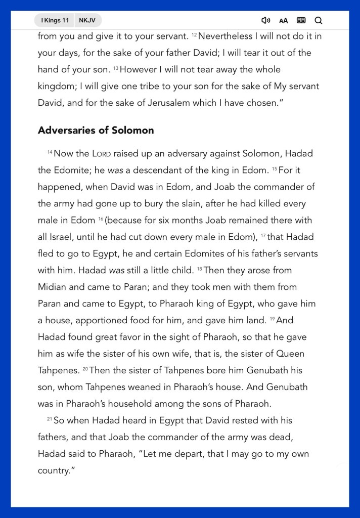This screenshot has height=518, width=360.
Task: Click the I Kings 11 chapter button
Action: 55,20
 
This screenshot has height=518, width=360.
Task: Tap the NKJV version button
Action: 87,20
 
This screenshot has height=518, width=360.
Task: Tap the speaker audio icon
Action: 265,20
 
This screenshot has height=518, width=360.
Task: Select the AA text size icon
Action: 284,21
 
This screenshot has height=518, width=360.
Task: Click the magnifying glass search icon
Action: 319,20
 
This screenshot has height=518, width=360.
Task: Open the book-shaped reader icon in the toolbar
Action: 301,20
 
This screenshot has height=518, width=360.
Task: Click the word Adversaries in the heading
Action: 66,130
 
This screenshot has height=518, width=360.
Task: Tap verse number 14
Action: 50,152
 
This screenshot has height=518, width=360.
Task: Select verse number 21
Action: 50,419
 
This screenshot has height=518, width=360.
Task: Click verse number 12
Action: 194,35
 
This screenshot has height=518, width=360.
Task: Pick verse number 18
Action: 199,269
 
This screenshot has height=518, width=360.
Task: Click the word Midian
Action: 53,287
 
